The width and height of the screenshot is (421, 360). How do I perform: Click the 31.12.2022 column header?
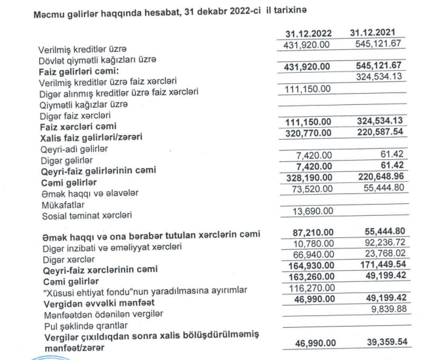(309, 33)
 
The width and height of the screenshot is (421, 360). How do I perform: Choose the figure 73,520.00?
(312, 190)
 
